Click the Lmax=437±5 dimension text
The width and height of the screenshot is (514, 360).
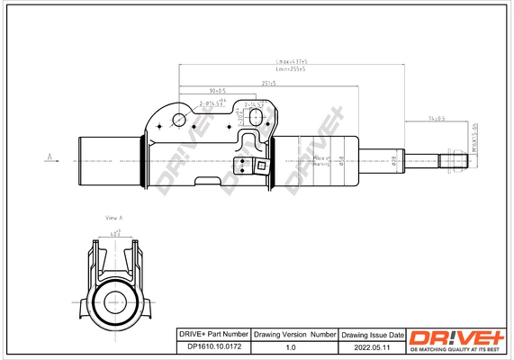(291, 62)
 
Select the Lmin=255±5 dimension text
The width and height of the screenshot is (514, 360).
(291, 69)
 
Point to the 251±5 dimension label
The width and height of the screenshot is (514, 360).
(268, 83)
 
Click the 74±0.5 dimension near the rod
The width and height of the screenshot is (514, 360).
(437, 117)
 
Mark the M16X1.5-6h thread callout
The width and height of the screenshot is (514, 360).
(474, 139)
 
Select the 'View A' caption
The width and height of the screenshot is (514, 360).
(113, 219)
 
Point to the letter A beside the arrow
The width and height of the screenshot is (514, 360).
(46, 156)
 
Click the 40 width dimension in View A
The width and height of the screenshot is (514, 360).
(114, 234)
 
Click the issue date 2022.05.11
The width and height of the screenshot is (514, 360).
(371, 346)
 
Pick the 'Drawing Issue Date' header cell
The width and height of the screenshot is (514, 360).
(371, 334)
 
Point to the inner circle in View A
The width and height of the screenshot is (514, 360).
(114, 301)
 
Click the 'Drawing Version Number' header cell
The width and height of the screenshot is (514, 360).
(293, 334)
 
